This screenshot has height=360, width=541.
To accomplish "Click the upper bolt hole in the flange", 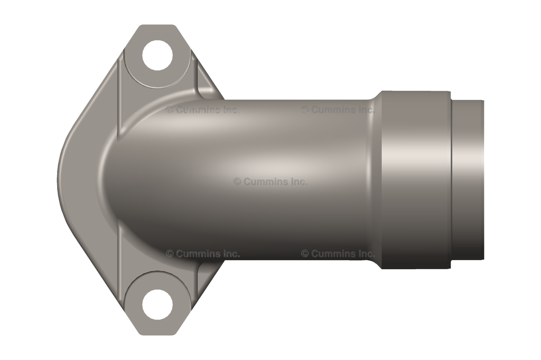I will point(157,55).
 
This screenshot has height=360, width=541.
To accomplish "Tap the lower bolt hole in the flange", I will point(157,304).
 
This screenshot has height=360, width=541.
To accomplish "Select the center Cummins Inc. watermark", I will point(270,181).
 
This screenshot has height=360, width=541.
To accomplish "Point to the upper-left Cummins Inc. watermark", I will point(202,110).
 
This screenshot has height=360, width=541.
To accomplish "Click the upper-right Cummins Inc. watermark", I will point(338,110).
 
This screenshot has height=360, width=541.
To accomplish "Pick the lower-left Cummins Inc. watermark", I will point(202,253).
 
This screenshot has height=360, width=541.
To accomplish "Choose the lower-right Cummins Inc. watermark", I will point(338,253).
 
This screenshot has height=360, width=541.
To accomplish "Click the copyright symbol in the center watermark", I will point(237,181).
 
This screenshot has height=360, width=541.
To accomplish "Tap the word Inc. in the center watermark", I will point(297,181).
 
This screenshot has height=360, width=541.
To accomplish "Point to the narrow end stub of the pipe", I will point(468,179).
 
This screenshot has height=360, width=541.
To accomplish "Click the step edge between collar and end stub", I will point(451,179).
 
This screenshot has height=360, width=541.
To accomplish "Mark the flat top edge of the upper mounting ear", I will point(157,26).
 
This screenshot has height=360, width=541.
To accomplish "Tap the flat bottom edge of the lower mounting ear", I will point(157,333).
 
